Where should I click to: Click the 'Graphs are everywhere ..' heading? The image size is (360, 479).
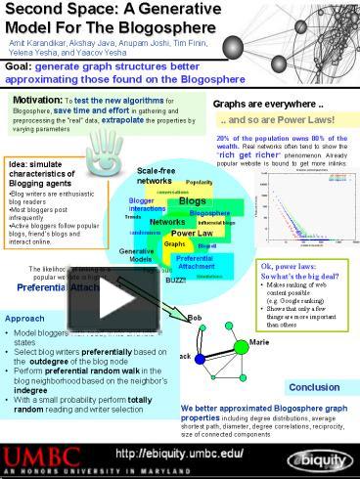[255, 103]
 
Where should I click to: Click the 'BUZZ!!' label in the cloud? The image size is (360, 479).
[176, 280]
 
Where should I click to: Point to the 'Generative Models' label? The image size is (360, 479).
[135, 255]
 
